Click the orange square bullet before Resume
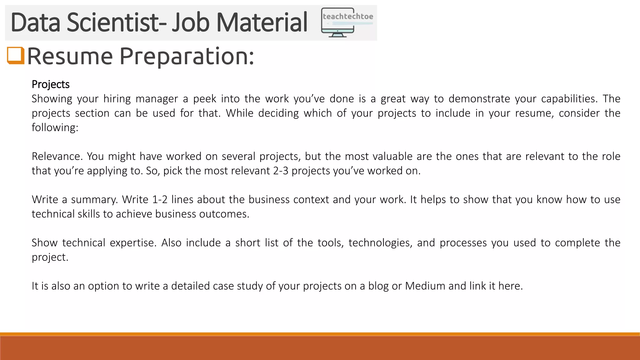pyautogui.click(x=16, y=56)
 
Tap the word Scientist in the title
pyautogui.click(x=112, y=22)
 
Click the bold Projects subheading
pyautogui.click(x=50, y=84)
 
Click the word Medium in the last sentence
pyautogui.click(x=425, y=286)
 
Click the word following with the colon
pyautogui.click(x=55, y=127)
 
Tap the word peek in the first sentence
pyautogui.click(x=205, y=99)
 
